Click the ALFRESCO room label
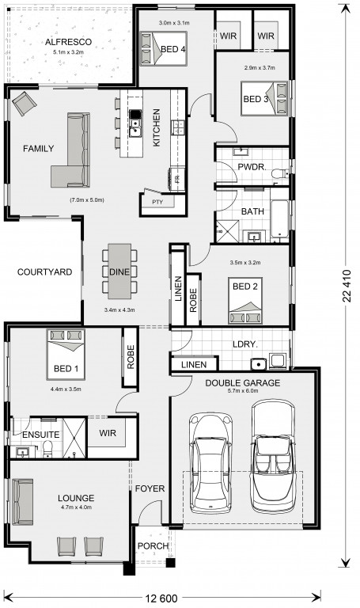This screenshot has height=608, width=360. tap(68, 42)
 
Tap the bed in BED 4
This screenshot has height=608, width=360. tap(163, 48)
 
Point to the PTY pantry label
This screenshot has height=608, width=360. tap(157, 202)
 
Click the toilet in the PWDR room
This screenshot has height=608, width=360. tap(280, 173)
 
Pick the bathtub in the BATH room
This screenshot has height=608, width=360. tap(279, 218)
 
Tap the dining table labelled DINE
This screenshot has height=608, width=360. tap(119, 272)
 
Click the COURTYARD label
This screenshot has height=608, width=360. tap(44, 272)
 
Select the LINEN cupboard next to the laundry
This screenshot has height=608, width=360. tap(194, 364)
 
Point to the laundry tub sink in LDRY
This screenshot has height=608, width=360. tap(258, 364)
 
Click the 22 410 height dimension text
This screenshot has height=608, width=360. tap(346, 286)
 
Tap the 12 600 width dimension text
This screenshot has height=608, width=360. tap(161, 598)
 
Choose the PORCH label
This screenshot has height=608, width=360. tap(153, 546)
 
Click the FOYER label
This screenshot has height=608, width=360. tap(150, 488)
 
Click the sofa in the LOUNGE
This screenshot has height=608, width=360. tap(22, 502)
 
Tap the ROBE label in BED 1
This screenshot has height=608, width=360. tap(131, 357)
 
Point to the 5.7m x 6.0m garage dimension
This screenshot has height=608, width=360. tap(243, 390)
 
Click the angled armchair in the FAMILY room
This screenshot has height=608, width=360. tap(25, 103)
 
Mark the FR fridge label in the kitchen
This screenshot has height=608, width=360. tap(178, 179)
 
